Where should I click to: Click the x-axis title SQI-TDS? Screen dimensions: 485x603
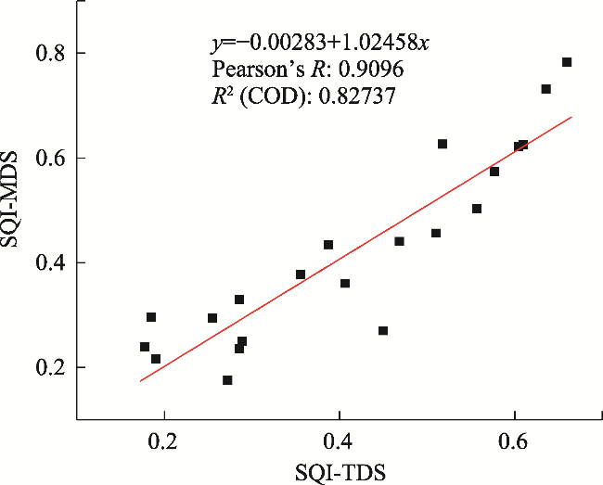pos(339,470)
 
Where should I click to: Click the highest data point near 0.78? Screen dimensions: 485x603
pos(567,62)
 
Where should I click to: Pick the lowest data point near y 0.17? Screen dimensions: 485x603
pos(227,380)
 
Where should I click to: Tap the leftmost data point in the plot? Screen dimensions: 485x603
pos(145,347)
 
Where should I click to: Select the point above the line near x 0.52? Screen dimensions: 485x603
pos(443,144)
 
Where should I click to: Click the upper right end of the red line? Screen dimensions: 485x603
pos(572,117)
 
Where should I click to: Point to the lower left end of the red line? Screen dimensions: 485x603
pos(140,380)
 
